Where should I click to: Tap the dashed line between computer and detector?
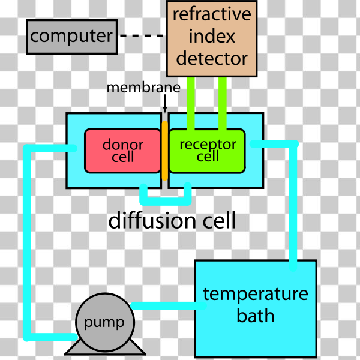[x=141, y=36]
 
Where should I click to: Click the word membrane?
[x=143, y=88]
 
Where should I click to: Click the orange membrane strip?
[x=164, y=150]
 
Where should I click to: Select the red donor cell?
[x=122, y=150]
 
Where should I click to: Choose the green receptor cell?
[x=207, y=150]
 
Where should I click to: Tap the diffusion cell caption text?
[x=172, y=220]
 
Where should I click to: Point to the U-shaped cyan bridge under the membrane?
[x=165, y=197]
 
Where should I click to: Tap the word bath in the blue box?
[x=255, y=316]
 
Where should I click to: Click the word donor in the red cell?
[x=123, y=145]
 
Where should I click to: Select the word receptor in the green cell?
[x=208, y=144]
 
